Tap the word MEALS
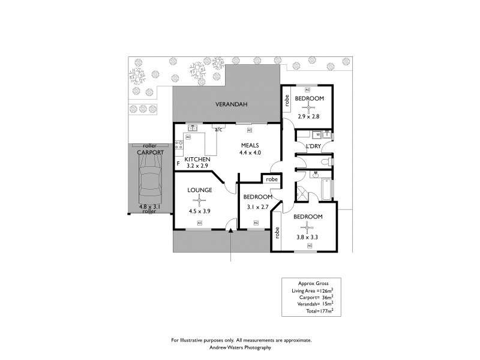[250, 145]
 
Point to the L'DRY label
[313, 146]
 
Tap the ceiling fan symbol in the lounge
[198, 202]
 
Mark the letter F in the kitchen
[178, 163]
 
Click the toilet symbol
[325, 162]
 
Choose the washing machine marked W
[317, 134]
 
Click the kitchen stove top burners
[178, 144]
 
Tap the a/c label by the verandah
[218, 128]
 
